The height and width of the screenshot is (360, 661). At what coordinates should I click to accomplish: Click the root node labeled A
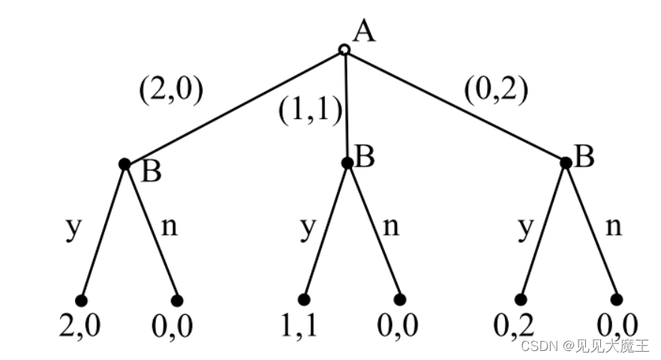point(344,50)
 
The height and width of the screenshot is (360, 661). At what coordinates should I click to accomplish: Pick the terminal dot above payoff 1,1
point(303,299)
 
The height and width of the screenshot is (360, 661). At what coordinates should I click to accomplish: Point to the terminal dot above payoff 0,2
point(520,300)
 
